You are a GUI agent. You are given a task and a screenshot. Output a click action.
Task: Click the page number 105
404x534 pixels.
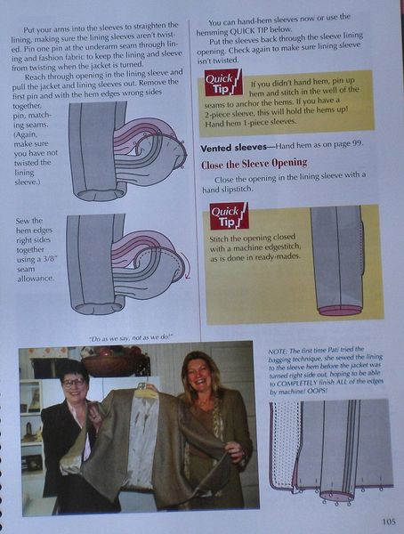(x=386, y=522)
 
